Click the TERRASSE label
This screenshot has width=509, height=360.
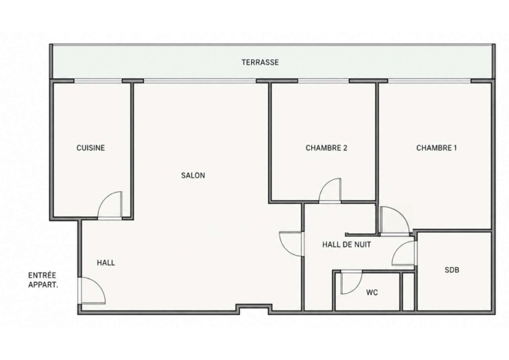click(260, 62)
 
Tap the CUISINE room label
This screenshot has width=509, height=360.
click(91, 148)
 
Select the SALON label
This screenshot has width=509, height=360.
click(193, 175)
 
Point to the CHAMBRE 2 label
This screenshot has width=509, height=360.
click(326, 148)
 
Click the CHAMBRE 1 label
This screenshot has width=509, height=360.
click(436, 148)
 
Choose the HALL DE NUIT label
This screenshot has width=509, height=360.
click(346, 244)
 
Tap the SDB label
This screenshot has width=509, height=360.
click(452, 270)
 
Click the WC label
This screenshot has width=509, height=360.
click(372, 292)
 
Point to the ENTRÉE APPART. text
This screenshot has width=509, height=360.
click(43, 280)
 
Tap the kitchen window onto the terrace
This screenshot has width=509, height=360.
click(98, 81)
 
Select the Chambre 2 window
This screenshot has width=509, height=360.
click(323, 81)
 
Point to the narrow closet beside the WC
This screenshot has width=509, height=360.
click(409, 292)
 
